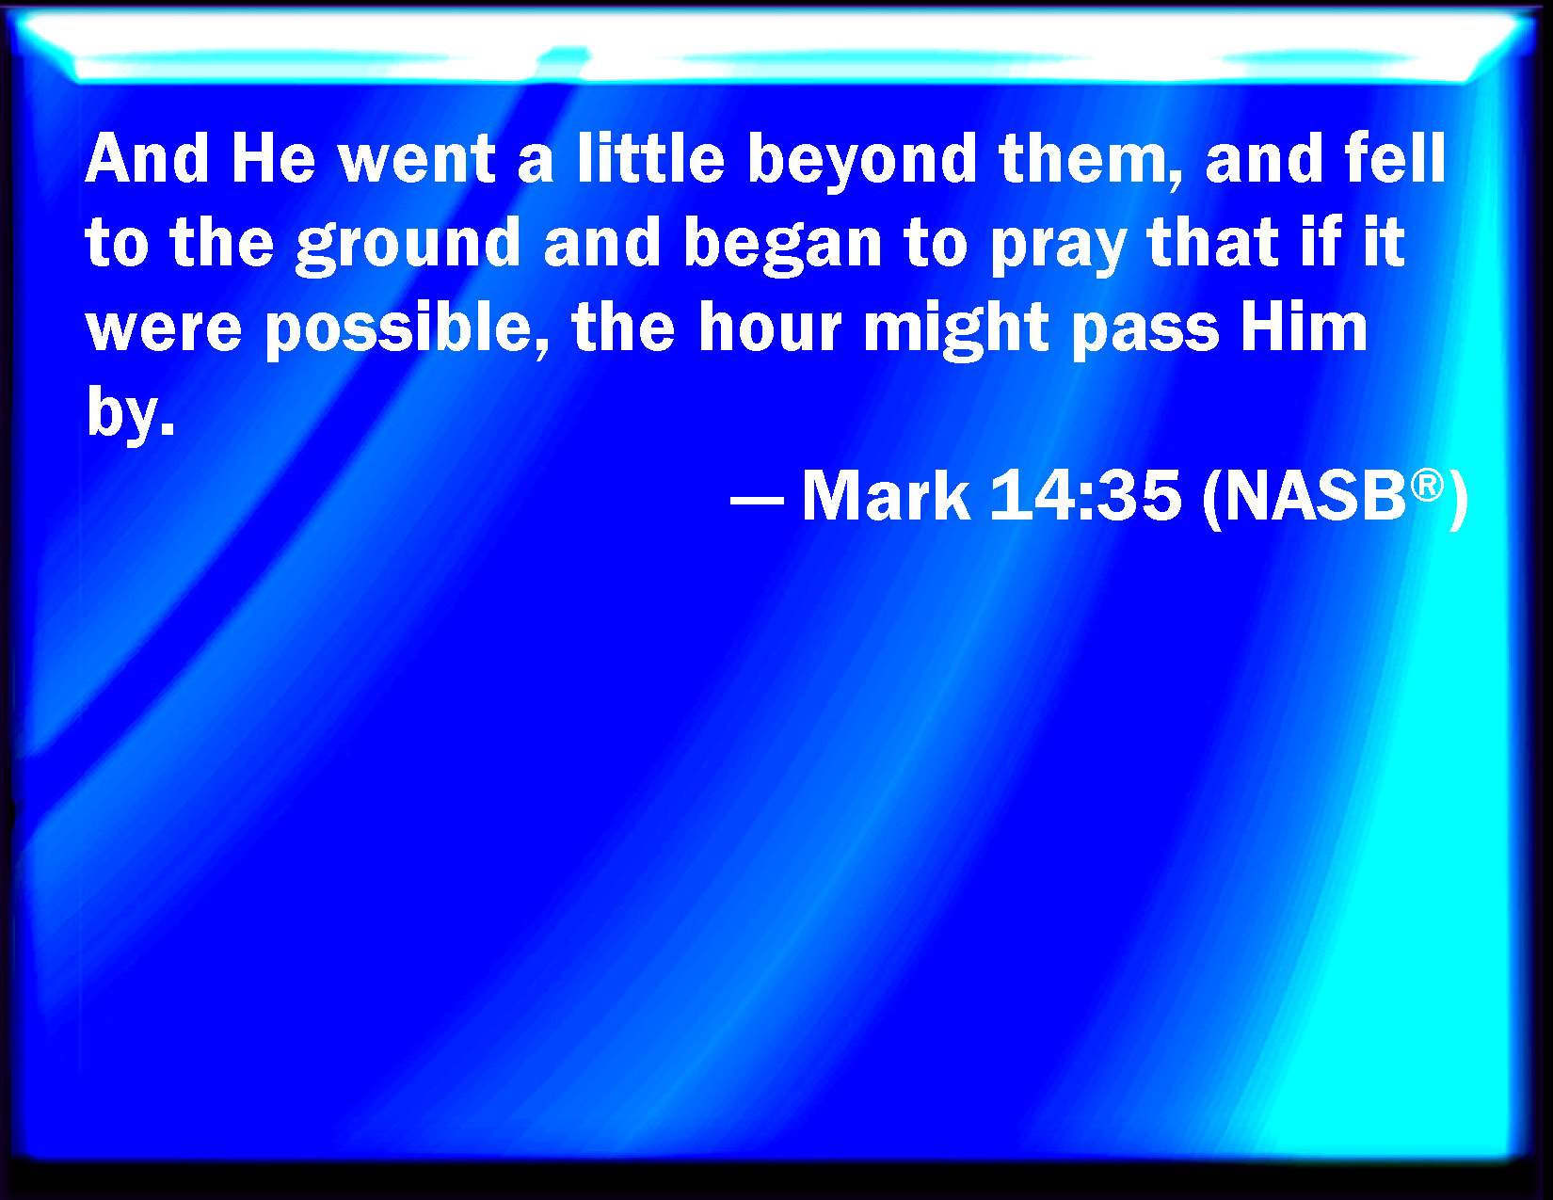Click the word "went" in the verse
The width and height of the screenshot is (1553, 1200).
coord(417,159)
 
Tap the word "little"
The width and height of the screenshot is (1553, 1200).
coord(651,157)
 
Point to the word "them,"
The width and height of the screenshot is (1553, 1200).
coord(1091,160)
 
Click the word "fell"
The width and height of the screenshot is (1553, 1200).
coord(1394,157)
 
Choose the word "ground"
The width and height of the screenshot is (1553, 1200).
coord(408,246)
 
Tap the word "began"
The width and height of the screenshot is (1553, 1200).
coord(782,246)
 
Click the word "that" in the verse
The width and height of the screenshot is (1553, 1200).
coord(1213,242)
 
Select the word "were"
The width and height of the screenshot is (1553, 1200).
coord(164,331)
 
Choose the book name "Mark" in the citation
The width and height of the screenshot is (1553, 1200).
coord(887,494)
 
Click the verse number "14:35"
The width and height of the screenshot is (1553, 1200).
coord(1085,494)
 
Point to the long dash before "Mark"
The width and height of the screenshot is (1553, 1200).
coord(757,499)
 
